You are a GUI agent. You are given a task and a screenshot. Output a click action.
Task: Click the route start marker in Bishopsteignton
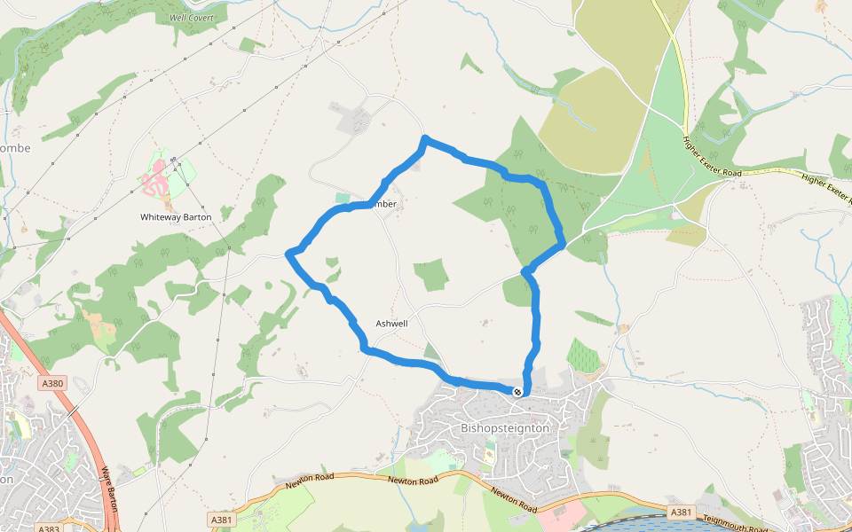(x=517, y=391)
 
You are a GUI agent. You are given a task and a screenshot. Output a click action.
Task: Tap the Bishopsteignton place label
(x=506, y=427)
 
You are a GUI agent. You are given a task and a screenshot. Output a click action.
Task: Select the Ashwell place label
(x=391, y=324)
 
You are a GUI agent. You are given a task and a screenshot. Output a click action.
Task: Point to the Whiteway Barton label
(x=176, y=217)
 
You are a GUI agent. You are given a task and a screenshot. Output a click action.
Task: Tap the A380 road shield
(x=52, y=384)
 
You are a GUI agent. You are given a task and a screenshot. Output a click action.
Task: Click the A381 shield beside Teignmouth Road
(x=681, y=512)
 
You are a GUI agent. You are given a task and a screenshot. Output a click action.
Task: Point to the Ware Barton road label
(x=110, y=487)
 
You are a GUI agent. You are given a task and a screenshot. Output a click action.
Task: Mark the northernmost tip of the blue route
(x=426, y=138)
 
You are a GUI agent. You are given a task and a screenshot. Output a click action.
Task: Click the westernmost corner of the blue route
(x=288, y=254)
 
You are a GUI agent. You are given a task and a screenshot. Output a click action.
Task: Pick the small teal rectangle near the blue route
(x=343, y=198)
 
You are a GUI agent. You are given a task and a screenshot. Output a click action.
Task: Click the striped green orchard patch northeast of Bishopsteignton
(x=583, y=355)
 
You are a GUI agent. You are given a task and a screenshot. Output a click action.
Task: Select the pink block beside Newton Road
(x=568, y=512)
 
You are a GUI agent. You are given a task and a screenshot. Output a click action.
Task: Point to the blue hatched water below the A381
(x=648, y=525)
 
